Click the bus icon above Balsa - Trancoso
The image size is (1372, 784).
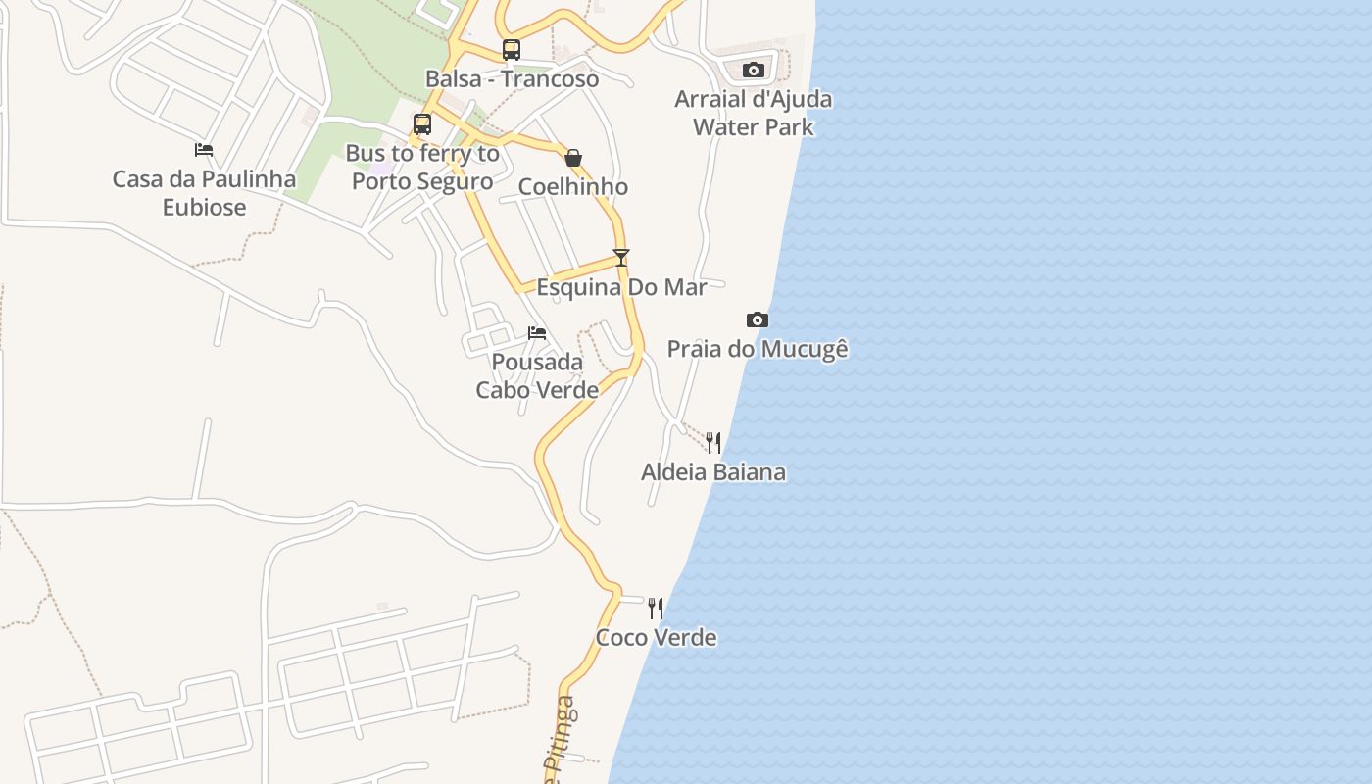point(511,50)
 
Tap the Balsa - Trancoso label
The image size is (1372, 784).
point(512,79)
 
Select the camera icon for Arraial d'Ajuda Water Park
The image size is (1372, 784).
point(753,70)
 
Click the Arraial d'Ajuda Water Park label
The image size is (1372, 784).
point(753,113)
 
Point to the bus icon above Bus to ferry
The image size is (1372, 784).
point(422,124)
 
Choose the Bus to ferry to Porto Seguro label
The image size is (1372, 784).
point(422,168)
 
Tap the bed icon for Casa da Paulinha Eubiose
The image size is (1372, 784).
point(204,150)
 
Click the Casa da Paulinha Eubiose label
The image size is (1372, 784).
point(204,193)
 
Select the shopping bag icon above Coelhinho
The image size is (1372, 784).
point(573,158)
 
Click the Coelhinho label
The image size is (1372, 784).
point(573,187)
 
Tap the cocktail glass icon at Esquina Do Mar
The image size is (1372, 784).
point(621,258)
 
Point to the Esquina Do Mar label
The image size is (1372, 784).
point(621,287)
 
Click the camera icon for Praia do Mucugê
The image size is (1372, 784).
point(758,319)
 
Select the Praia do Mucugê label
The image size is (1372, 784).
point(758,349)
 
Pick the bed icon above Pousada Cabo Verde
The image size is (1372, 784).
point(537,333)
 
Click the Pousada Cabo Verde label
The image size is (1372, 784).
point(537,376)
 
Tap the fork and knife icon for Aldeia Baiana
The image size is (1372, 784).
point(713,443)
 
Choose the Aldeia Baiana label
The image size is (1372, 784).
point(713,472)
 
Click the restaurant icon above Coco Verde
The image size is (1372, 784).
point(656,609)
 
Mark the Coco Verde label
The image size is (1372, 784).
point(656,638)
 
